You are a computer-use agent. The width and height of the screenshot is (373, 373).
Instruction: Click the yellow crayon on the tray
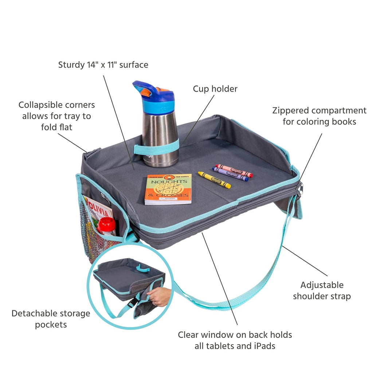point(214,180)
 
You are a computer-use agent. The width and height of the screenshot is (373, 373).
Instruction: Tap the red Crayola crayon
point(234,170)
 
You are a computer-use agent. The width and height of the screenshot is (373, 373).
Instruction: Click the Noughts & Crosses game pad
point(168,189)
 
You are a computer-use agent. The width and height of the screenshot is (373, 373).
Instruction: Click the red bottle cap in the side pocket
point(107,226)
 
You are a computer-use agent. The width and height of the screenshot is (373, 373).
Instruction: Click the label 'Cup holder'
point(215,89)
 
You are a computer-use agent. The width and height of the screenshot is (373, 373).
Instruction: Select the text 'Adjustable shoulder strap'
point(322,290)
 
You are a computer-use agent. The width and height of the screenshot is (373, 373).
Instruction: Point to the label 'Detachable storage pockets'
point(51,319)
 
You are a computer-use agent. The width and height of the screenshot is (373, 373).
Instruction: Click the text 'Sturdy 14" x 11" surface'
point(103,65)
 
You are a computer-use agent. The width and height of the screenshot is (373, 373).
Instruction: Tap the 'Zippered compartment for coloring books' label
point(319,116)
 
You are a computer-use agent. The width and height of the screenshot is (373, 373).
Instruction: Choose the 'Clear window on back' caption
point(235,340)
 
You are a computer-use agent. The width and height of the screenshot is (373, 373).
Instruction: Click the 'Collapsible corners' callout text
point(56,116)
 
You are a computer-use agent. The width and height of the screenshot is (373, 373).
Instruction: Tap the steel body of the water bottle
point(160,131)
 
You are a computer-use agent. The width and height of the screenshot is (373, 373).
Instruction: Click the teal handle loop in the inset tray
point(143,268)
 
